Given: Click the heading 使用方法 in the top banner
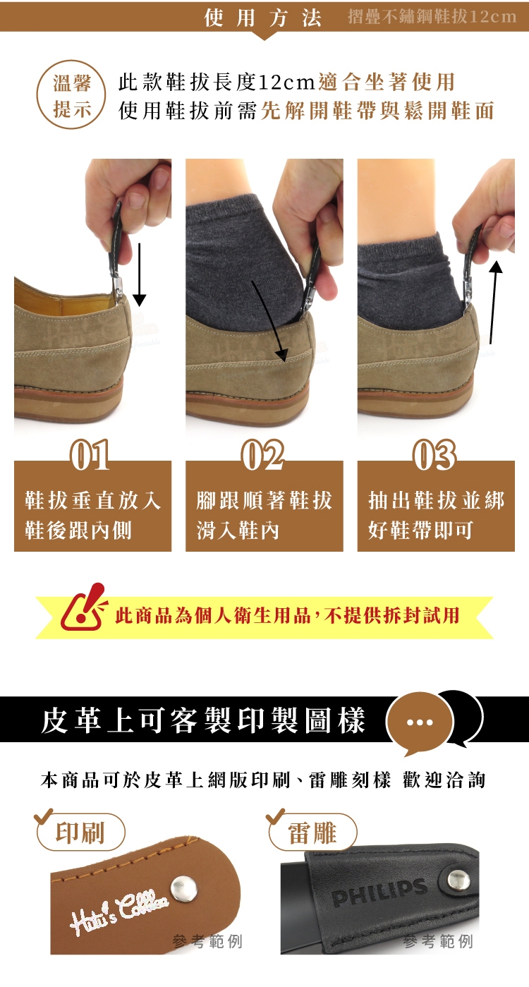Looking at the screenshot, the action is (263, 18).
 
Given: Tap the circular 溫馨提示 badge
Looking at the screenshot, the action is (71, 95).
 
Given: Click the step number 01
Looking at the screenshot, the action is (90, 455).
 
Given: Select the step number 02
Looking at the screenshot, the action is (263, 455).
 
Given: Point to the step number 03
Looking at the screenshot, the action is (434, 455).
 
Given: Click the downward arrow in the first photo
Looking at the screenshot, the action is (139, 274).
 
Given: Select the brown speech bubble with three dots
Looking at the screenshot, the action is (420, 722).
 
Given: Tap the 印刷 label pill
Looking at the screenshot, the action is (80, 832).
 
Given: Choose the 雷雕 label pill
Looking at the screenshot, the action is (312, 832).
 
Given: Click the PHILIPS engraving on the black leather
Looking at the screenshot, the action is (379, 892).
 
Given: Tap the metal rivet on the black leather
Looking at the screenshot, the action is (458, 880).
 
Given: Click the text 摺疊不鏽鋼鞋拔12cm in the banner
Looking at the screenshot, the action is (432, 17).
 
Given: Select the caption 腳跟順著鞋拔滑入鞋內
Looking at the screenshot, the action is (264, 515).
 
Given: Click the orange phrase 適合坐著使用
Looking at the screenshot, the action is (386, 82).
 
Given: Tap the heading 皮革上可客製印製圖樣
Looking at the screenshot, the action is (203, 721).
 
